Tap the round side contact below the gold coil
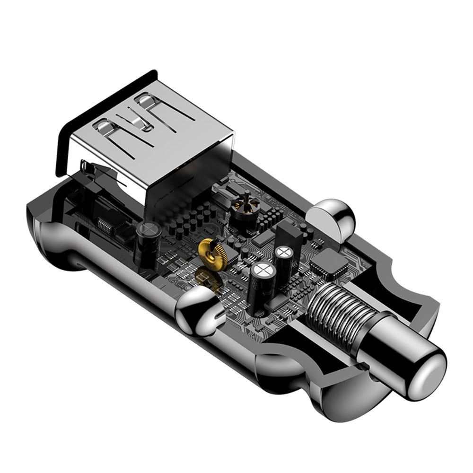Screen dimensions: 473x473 click(x=199, y=310)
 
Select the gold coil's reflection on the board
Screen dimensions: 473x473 click(x=210, y=279)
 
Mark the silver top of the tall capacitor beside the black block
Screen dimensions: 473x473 click(x=284, y=252)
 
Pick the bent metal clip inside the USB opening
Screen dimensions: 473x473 click(x=95, y=170)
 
